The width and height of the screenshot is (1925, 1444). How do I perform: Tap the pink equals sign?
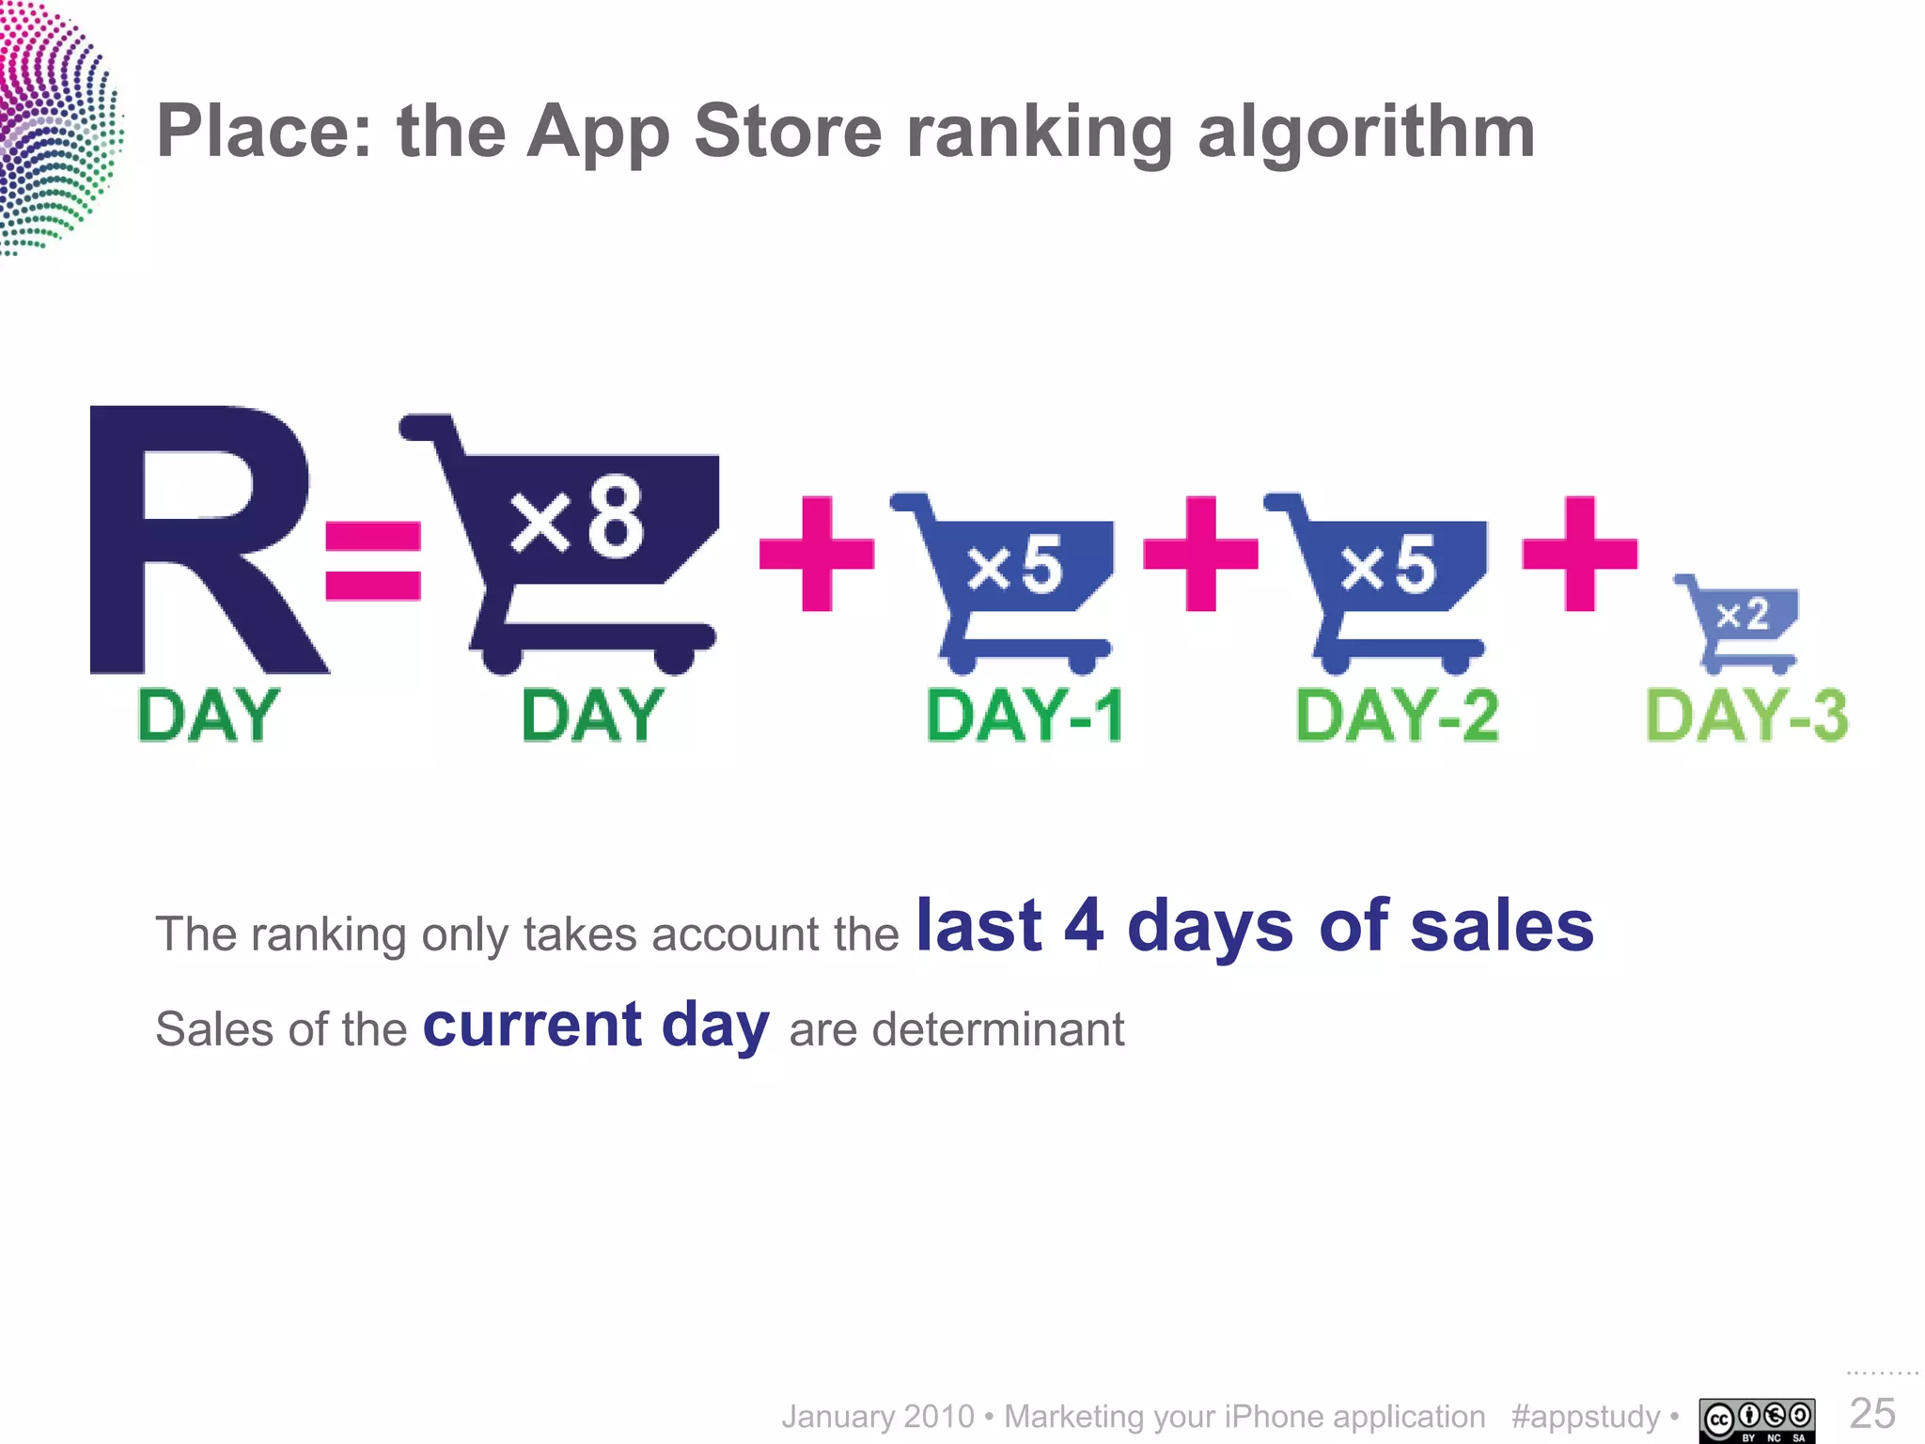pyautogui.click(x=373, y=561)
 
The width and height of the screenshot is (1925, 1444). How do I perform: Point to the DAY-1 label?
pyautogui.click(x=1025, y=716)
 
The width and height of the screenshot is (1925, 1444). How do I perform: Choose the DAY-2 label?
pyautogui.click(x=1397, y=716)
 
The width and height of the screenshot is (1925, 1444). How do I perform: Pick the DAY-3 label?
pyautogui.click(x=1746, y=716)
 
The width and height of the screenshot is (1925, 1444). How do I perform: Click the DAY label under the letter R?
pyautogui.click(x=208, y=716)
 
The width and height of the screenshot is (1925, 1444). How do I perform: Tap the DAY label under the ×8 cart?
pyautogui.click(x=592, y=716)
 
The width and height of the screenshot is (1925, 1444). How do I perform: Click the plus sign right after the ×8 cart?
pyautogui.click(x=817, y=554)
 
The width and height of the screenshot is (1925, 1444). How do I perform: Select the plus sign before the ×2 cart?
pyautogui.click(x=1579, y=554)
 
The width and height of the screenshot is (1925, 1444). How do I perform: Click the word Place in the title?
pyautogui.click(x=264, y=132)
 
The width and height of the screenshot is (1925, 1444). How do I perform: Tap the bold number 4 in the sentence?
pyautogui.click(x=1084, y=925)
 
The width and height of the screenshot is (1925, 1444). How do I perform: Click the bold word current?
pyautogui.click(x=532, y=1025)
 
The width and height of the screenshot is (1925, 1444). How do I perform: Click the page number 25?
pyautogui.click(x=1871, y=1413)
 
